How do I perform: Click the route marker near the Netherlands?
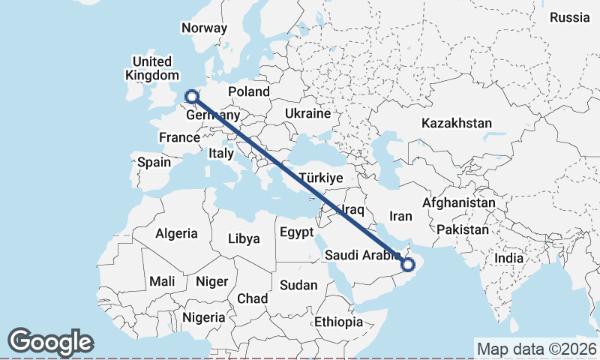click(191, 96)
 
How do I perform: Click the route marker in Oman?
click(408, 264)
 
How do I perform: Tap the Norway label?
click(204, 28)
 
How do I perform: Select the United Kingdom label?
click(152, 68)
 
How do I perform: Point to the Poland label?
click(249, 91)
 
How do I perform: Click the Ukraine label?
click(307, 114)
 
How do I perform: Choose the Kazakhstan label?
click(457, 123)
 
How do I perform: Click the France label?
click(179, 137)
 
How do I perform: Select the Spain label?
click(154, 162)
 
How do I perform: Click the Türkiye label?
click(320, 178)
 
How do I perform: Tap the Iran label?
click(400, 216)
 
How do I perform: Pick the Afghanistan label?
click(459, 202)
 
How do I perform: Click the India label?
click(509, 258)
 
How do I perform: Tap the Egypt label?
click(296, 232)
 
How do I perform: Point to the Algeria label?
click(176, 233)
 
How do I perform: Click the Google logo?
click(50, 342)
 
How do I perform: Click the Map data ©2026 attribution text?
click(536, 349)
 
